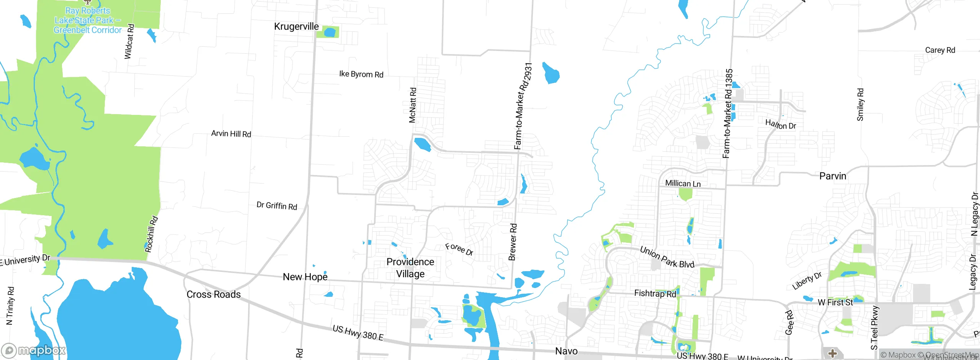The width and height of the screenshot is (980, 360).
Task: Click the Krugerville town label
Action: (x=296, y=26)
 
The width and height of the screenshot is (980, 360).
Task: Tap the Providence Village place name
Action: (x=410, y=268)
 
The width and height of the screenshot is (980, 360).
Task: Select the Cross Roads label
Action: (x=214, y=294)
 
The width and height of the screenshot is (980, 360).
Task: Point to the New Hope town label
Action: (x=305, y=277)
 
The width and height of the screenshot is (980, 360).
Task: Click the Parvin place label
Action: (x=833, y=176)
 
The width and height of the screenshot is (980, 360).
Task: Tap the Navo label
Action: (x=566, y=351)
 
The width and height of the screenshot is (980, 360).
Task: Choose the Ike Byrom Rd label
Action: (x=361, y=74)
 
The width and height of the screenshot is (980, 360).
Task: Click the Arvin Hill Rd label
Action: (x=231, y=134)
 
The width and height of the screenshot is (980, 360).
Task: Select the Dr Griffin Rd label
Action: (x=277, y=206)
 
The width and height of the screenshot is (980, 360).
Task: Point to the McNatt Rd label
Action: (x=412, y=105)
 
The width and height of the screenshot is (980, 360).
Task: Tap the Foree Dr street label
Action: (x=459, y=249)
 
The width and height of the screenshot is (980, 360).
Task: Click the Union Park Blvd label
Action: (x=667, y=257)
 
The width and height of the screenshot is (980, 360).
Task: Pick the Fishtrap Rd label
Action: (x=655, y=293)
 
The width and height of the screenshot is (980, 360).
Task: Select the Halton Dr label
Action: (x=781, y=124)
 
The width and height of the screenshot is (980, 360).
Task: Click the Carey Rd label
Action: (x=940, y=50)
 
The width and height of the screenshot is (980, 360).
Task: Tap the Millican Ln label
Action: (x=683, y=183)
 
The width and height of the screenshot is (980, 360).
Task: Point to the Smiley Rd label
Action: (x=860, y=105)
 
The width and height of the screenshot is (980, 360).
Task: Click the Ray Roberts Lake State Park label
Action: (x=88, y=20)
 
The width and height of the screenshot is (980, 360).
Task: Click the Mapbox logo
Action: (x=34, y=350)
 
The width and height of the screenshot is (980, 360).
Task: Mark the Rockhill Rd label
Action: (x=151, y=234)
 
